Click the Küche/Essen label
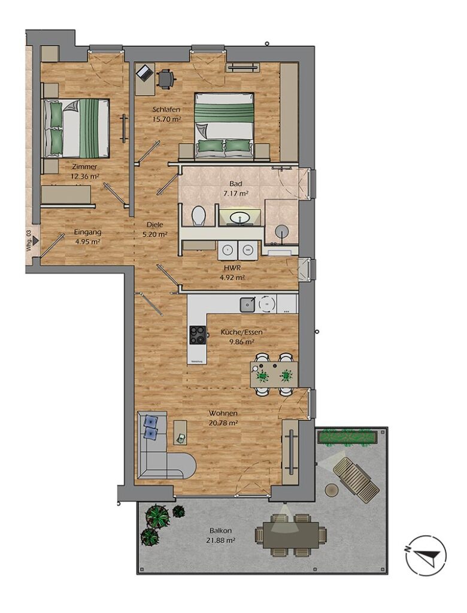pos(241,332)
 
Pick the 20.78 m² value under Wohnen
pos(223,423)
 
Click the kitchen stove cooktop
pos(198,335)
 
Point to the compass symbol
pos(425,556)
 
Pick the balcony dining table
pos(290,533)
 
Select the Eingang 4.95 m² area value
pos(87,242)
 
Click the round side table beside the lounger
pos(332,489)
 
